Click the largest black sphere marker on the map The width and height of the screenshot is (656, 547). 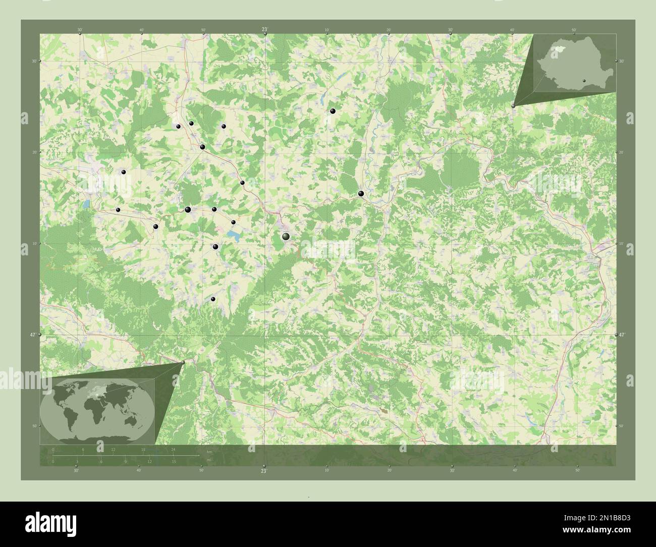click(286, 236)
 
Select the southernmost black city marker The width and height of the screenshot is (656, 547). click(213, 299)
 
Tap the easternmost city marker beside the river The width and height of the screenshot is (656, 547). click(361, 193)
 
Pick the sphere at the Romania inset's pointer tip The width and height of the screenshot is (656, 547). click(513, 105)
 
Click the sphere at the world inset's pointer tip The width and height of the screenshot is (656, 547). click(183, 362)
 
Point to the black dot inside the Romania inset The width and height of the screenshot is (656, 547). click(583, 79)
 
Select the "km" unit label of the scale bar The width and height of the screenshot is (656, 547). click(209, 451)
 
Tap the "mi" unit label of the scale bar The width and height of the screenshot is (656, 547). click(208, 459)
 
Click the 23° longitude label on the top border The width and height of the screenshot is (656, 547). click(264, 30)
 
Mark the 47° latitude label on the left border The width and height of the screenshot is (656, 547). click(32, 335)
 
